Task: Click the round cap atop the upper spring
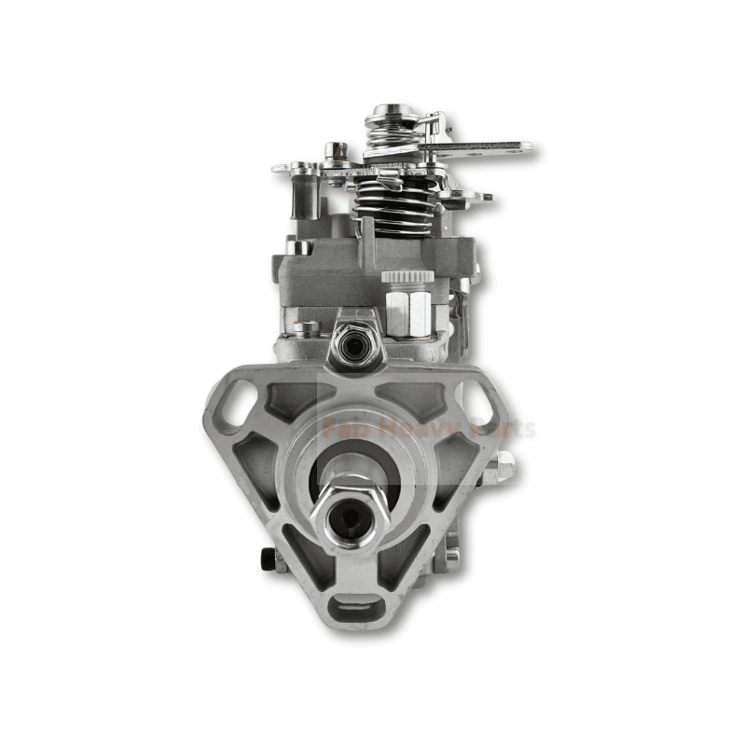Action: (x=385, y=114)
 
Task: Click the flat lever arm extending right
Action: (x=485, y=149)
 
